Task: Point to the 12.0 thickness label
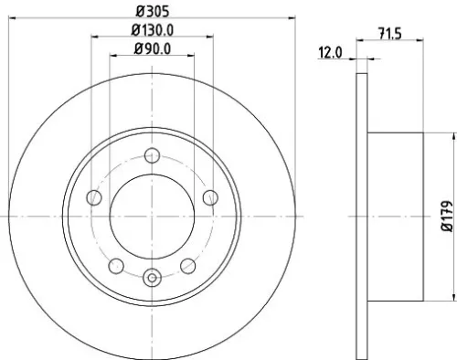(331, 53)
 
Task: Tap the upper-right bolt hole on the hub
(209, 197)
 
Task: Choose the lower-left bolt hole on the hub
(116, 265)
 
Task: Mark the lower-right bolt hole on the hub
(187, 265)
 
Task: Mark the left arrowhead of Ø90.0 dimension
(113, 56)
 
